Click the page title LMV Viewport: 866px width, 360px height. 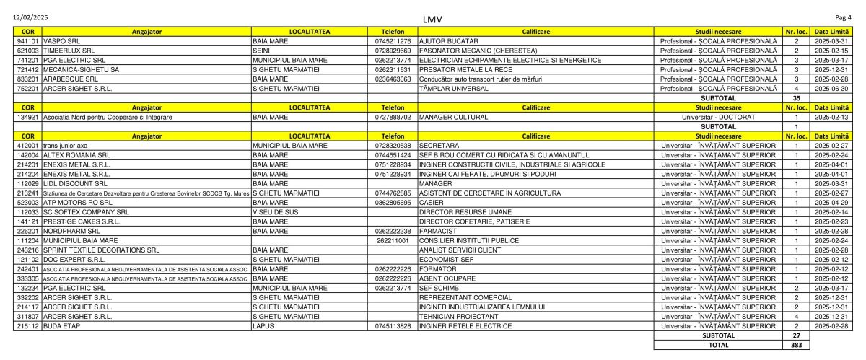click(x=433, y=19)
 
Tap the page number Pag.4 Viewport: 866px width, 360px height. click(x=843, y=16)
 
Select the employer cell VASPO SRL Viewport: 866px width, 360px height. click(x=61, y=41)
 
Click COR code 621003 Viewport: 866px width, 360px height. click(x=27, y=51)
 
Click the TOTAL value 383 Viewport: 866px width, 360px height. click(x=797, y=345)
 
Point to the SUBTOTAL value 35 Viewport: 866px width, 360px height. click(x=797, y=97)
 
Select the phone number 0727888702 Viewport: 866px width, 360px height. click(x=393, y=116)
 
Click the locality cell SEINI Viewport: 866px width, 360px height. click(x=261, y=51)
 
